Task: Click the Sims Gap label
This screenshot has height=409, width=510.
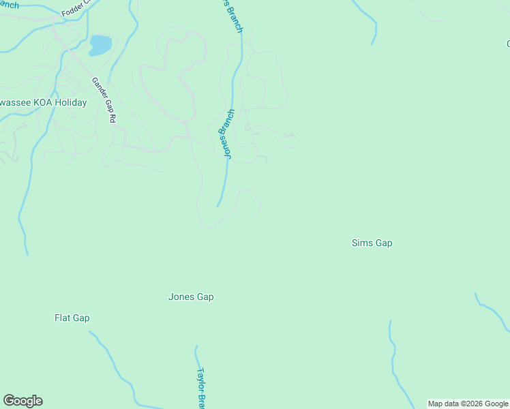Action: pyautogui.click(x=372, y=243)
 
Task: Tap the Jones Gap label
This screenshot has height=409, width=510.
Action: pyautogui.click(x=191, y=297)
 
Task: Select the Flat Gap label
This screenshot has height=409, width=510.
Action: pyautogui.click(x=72, y=318)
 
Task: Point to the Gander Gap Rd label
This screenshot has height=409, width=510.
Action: pyautogui.click(x=104, y=100)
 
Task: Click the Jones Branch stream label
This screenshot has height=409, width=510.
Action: pyautogui.click(x=226, y=134)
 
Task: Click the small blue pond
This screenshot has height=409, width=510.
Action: pyautogui.click(x=100, y=46)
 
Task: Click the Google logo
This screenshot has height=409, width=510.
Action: pyautogui.click(x=22, y=400)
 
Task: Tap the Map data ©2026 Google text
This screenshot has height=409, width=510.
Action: pyautogui.click(x=468, y=404)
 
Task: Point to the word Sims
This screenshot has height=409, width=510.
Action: pyautogui.click(x=361, y=243)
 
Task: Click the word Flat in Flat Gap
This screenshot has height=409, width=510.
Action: pyautogui.click(x=63, y=318)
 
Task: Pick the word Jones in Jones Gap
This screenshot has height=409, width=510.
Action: pyautogui.click(x=181, y=297)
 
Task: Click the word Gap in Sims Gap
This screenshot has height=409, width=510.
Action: pyautogui.click(x=383, y=243)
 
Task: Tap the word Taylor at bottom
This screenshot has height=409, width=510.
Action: pyautogui.click(x=200, y=379)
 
